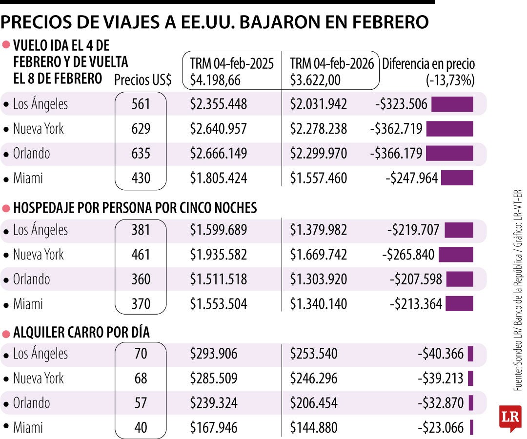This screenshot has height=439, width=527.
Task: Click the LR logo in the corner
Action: pos(510,418)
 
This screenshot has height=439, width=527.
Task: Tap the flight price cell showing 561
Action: pos(141,104)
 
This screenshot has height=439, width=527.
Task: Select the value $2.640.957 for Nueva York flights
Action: pos(218,129)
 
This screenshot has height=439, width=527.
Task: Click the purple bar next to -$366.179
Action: pos(449,154)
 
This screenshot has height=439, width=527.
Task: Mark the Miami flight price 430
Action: pos(141,179)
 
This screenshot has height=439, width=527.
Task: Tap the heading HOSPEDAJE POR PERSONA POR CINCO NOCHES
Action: pos(135,208)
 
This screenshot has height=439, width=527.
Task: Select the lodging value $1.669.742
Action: pos(319,255)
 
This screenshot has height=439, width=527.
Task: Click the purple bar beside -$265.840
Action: pos(456,255)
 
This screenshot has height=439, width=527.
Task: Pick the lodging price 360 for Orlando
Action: pos(141,279)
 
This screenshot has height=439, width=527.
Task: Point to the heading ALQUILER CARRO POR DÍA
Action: pos(81,333)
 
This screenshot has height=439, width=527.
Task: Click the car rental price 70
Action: pos(141,354)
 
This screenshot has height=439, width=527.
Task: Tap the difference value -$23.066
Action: pos(441,428)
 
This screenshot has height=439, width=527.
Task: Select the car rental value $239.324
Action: pos(214,403)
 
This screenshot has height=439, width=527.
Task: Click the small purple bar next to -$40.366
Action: pos(470,354)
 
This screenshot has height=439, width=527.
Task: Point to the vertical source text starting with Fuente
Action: pos(518,290)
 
